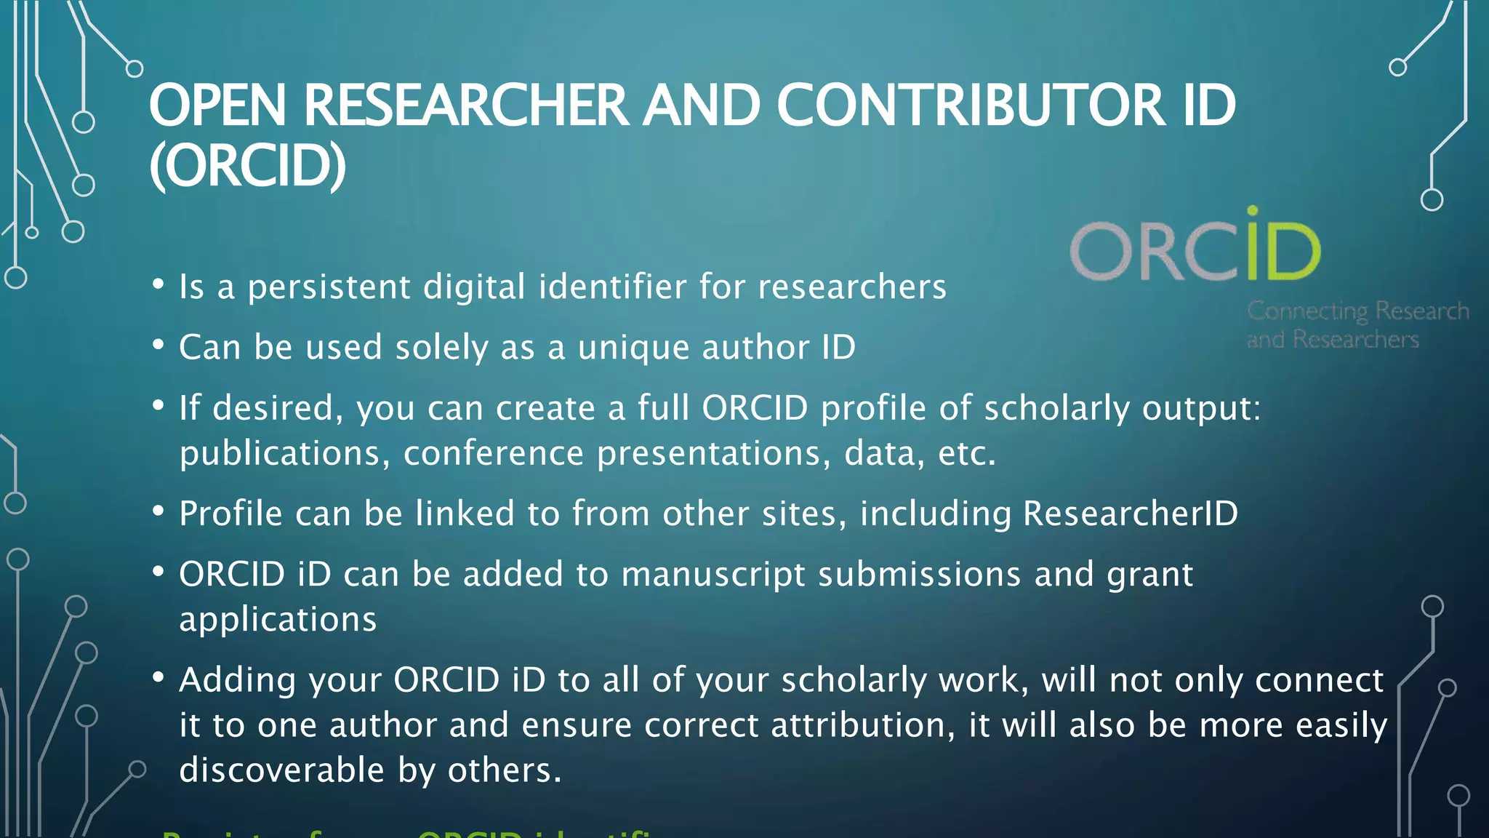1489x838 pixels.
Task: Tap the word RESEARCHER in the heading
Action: click(466, 106)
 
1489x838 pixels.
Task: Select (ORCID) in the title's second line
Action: click(248, 166)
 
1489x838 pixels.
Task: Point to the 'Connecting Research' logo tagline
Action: click(1357, 311)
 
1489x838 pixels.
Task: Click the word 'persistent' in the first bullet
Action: click(329, 287)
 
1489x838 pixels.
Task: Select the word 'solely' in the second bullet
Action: click(441, 348)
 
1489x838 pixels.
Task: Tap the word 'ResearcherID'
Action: click(1130, 514)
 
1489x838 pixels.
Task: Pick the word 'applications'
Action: click(278, 620)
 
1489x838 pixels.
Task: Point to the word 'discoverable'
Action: click(281, 770)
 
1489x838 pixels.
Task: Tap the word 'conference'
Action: click(493, 454)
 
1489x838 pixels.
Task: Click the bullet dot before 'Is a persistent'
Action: click(158, 284)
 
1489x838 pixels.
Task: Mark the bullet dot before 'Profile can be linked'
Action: click(158, 511)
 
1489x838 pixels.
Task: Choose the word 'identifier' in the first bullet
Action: click(612, 287)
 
